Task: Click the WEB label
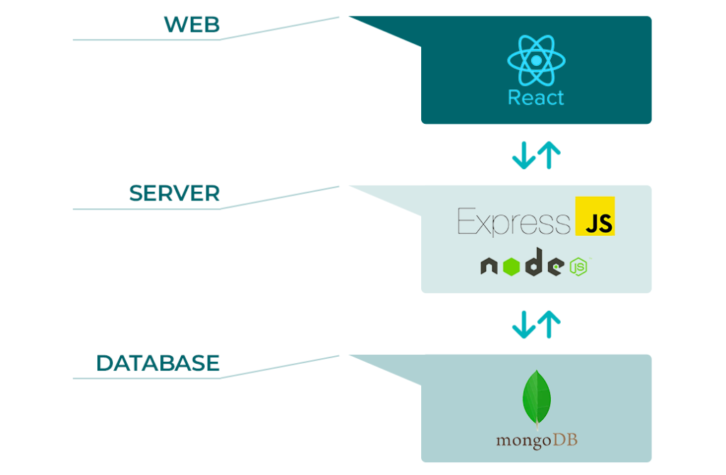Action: pyautogui.click(x=191, y=25)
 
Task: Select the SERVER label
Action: pyautogui.click(x=174, y=193)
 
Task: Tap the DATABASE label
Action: pyautogui.click(x=157, y=363)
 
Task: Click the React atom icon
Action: pyautogui.click(x=536, y=61)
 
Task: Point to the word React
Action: pyautogui.click(x=536, y=98)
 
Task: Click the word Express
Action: pyautogui.click(x=514, y=221)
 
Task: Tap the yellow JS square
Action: pyautogui.click(x=595, y=216)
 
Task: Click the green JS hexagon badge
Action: pyautogui.click(x=579, y=267)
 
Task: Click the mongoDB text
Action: pyautogui.click(x=537, y=440)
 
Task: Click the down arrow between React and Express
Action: pyautogui.click(x=524, y=155)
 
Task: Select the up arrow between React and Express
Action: pyautogui.click(x=549, y=155)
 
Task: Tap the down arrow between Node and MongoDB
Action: pyautogui.click(x=524, y=324)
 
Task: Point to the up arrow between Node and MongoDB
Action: pyautogui.click(x=549, y=324)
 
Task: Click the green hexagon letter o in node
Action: pyautogui.click(x=512, y=266)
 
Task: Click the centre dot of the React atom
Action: pyautogui.click(x=536, y=61)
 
